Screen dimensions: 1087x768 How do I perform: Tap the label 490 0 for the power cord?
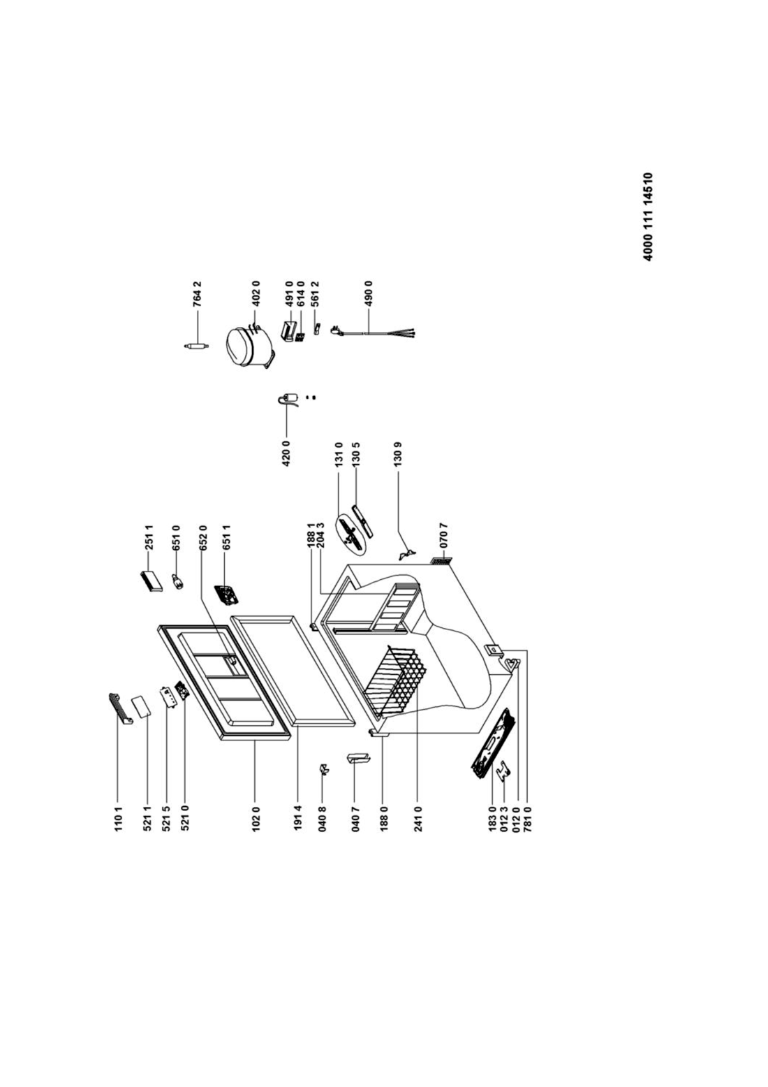(x=369, y=293)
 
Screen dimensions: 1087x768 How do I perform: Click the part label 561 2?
(x=315, y=293)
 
